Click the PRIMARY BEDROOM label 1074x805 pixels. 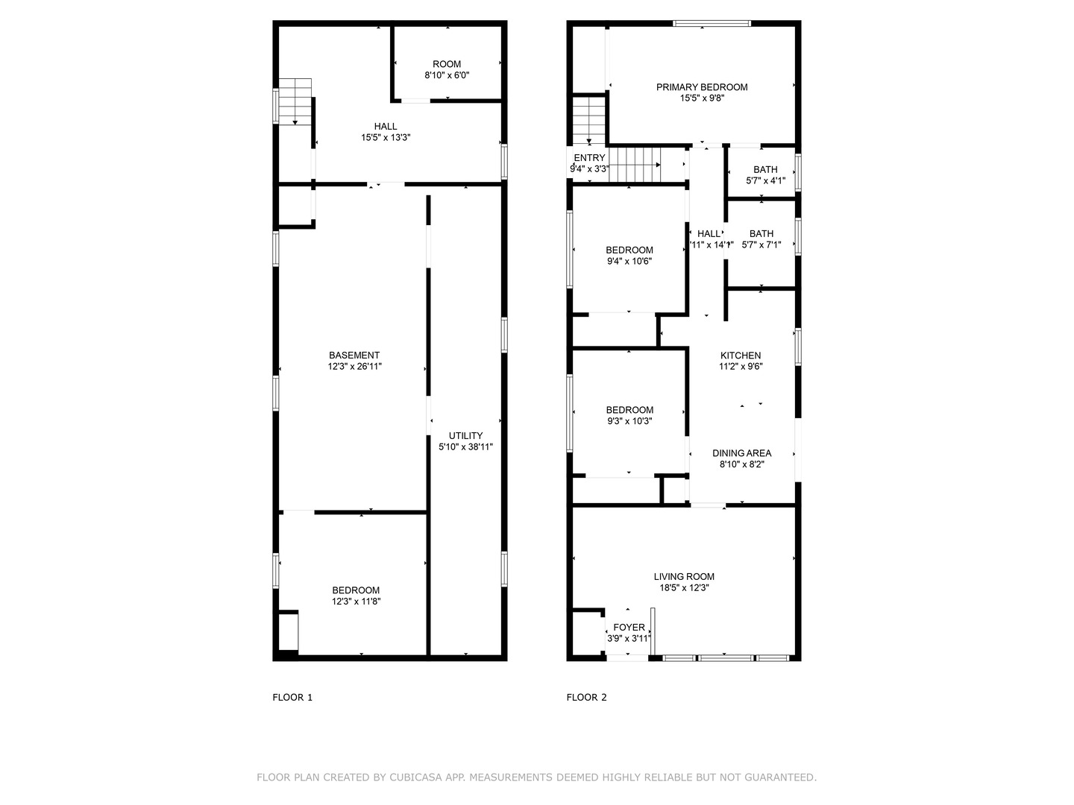tap(702, 92)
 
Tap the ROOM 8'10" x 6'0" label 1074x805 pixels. tap(447, 69)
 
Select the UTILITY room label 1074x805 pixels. tap(465, 441)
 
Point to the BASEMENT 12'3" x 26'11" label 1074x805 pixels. tap(354, 361)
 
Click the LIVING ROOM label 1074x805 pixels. tap(684, 581)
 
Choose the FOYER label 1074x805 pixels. tap(629, 632)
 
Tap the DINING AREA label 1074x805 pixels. tap(741, 458)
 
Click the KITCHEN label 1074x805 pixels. tap(741, 361)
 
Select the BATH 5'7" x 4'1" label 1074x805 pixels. tap(765, 175)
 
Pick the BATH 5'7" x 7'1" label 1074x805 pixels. tap(761, 239)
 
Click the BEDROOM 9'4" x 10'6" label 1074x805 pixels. tap(629, 256)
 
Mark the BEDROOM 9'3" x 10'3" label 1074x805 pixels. tap(629, 415)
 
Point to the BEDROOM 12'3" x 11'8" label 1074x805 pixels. tap(356, 596)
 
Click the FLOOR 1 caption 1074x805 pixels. tap(292, 698)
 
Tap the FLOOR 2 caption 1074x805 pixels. tap(586, 698)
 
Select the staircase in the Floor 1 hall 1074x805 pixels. tap(295, 101)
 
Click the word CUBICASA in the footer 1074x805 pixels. tap(413, 777)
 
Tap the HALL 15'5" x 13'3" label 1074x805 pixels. tap(386, 132)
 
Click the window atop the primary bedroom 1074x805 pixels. tap(712, 24)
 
